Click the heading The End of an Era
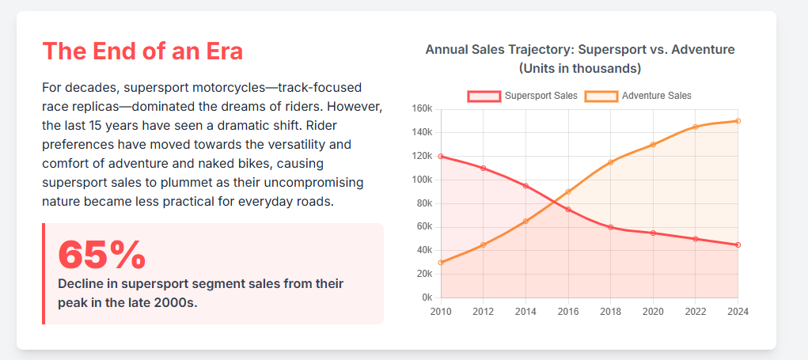click(142, 51)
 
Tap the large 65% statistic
click(102, 254)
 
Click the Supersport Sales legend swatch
click(484, 96)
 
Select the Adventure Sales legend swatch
click(601, 96)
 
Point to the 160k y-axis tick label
click(422, 108)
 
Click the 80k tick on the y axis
click(423, 203)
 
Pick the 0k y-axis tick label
click(427, 297)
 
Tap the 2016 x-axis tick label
click(568, 312)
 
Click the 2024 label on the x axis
click(738, 312)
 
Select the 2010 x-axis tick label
click(441, 312)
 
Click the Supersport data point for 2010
click(441, 156)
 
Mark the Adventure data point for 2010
click(441, 263)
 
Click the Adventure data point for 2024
click(738, 121)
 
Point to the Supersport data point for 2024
click(738, 245)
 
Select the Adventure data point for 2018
click(610, 162)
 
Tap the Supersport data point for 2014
click(525, 186)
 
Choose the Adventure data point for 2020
click(653, 145)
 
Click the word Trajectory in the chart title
click(531, 50)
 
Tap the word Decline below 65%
click(83, 283)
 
